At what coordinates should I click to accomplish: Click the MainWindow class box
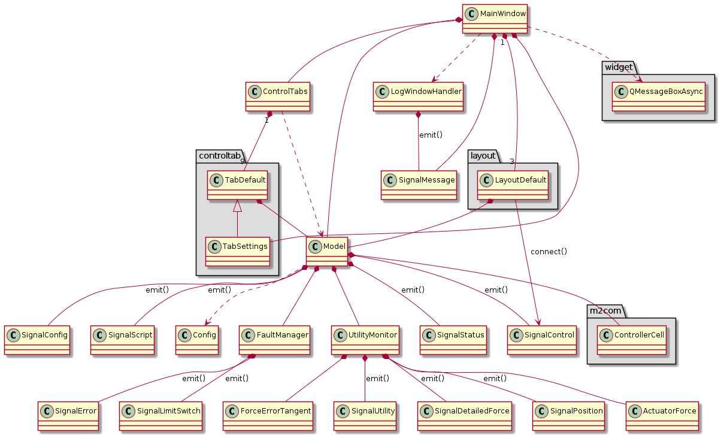[x=495, y=18]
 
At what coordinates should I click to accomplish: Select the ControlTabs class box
[x=278, y=96]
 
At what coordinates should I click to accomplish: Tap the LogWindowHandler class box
[x=418, y=96]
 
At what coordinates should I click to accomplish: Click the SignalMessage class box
[x=418, y=184]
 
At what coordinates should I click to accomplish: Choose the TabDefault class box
[x=237, y=184]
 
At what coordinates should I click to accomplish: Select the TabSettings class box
[x=237, y=251]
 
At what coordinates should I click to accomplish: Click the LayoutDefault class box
[x=513, y=184]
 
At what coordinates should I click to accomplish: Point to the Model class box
[x=327, y=251]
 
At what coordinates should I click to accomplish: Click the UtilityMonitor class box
[x=366, y=340]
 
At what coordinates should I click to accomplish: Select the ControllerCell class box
[x=632, y=340]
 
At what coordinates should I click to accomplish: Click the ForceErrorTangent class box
[x=268, y=416]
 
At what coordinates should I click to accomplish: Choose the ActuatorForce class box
[x=662, y=416]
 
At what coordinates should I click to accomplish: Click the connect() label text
[x=549, y=251]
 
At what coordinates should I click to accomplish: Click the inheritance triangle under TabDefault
[x=237, y=206]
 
